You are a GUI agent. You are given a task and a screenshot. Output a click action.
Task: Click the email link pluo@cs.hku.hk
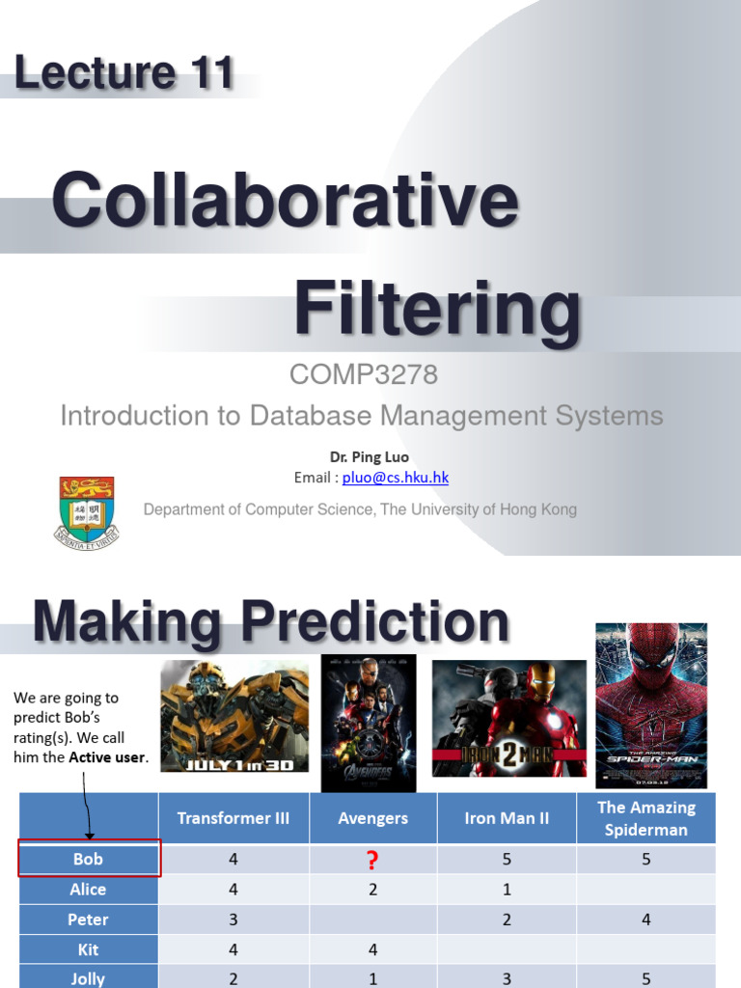[x=396, y=478]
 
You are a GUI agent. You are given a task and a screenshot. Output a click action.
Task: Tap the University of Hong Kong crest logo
[x=87, y=511]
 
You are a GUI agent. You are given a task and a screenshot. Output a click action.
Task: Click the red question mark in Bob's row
[x=372, y=860]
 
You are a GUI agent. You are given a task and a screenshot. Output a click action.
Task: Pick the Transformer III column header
[x=233, y=818]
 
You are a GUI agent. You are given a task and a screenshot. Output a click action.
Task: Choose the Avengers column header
[x=372, y=818]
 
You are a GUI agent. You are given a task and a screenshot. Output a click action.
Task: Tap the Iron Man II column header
[x=507, y=818]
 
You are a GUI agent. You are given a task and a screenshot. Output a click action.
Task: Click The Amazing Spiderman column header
[x=645, y=818]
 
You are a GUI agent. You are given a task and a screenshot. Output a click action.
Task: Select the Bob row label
[x=88, y=859]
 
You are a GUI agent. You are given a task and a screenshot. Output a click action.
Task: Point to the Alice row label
[x=88, y=890]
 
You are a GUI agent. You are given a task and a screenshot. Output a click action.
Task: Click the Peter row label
[x=88, y=919]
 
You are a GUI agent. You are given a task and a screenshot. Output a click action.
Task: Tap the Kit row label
[x=88, y=950]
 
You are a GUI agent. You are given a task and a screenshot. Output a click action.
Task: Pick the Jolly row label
[x=88, y=978]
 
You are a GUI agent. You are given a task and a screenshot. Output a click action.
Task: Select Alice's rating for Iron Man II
[x=507, y=890]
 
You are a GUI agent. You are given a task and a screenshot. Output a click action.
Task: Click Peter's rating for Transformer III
[x=233, y=919]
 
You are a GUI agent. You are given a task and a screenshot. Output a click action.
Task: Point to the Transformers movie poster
[x=233, y=715]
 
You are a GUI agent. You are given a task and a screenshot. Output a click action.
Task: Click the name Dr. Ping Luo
[x=370, y=456]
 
